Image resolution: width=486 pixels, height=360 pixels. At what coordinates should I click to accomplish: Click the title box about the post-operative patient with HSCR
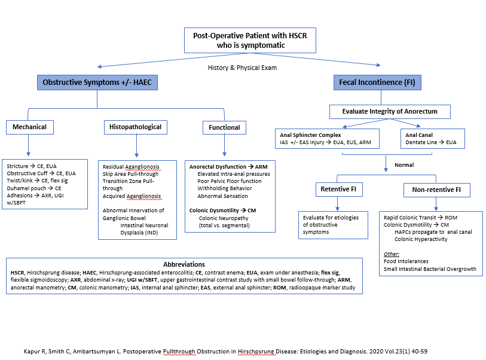click(x=250, y=41)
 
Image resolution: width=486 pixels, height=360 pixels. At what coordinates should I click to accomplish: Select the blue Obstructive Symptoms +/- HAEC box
click(x=97, y=82)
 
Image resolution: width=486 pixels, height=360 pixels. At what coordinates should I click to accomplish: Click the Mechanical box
click(x=30, y=127)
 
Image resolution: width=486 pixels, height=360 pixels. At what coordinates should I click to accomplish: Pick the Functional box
click(x=224, y=127)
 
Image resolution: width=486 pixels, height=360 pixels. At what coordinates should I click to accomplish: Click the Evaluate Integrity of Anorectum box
click(x=390, y=112)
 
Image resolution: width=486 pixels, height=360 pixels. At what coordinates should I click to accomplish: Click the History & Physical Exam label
click(x=242, y=68)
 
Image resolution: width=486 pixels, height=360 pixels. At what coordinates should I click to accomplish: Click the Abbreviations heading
click(x=184, y=264)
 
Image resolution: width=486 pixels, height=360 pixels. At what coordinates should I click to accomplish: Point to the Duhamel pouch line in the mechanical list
click(x=34, y=188)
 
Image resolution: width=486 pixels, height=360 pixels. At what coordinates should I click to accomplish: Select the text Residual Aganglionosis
click(x=132, y=167)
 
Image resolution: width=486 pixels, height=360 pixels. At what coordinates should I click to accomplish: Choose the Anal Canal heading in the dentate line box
click(x=420, y=135)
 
